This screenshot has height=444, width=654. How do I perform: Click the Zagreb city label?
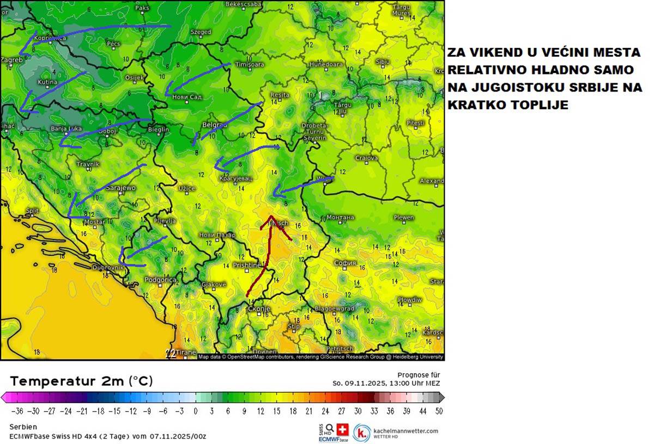[x=12, y=60]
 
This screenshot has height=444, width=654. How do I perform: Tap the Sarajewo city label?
[x=120, y=188]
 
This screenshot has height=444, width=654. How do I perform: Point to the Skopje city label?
[x=259, y=309]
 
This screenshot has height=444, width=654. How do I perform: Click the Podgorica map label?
[x=161, y=280]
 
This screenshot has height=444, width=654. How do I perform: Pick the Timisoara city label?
[x=249, y=64]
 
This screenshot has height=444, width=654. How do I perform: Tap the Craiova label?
[x=367, y=158]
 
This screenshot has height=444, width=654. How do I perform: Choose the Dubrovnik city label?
[x=109, y=268]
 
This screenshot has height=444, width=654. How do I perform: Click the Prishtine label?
[x=247, y=266]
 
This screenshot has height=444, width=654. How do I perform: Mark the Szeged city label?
[x=201, y=32]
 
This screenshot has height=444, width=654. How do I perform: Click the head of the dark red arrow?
[x=271, y=218]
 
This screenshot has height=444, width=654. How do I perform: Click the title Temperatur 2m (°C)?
[x=81, y=381]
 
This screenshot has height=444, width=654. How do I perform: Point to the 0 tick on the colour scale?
[x=195, y=411]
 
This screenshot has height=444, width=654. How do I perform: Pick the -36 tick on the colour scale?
[x=17, y=411]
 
